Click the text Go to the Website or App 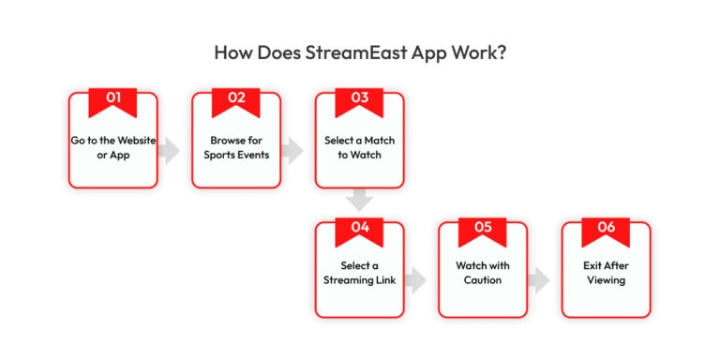[112, 147]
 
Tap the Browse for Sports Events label [235, 147]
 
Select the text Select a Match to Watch [359, 147]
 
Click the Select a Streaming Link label [359, 273]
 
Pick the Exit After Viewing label [606, 273]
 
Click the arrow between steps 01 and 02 [170, 150]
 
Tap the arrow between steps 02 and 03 [292, 150]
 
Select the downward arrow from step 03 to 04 [359, 200]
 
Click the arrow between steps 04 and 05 [416, 279]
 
